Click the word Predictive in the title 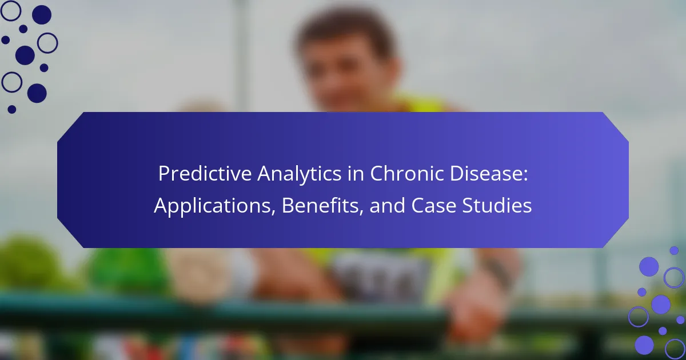pos(205,174)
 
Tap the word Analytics pos(299,174)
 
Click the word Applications pos(212,206)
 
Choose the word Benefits pos(320,205)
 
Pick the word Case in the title pos(434,205)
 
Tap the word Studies pos(497,205)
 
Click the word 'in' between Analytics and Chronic pos(356,174)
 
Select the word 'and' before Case pos(388,205)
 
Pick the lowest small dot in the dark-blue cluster pos(12,109)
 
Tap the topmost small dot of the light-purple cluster pos(674,250)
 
